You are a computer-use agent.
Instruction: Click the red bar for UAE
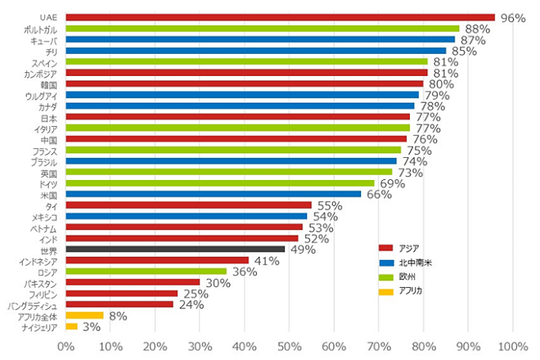pos(280,16)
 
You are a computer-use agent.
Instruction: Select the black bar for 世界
pos(175,249)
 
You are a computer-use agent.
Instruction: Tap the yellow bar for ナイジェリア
pos(71,326)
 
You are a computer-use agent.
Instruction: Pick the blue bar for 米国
pos(213,194)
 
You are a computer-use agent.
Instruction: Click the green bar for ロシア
pos(146,271)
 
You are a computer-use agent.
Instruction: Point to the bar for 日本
pos(237,116)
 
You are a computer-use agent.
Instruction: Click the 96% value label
pos(512,17)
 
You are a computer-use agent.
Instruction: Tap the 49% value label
pos(303,250)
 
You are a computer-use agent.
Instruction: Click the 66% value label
pos(378,195)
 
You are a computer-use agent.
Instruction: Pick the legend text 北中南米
pos(415,262)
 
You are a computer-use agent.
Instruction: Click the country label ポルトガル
pos(40,29)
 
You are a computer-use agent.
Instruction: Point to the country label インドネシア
pos(37,260)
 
